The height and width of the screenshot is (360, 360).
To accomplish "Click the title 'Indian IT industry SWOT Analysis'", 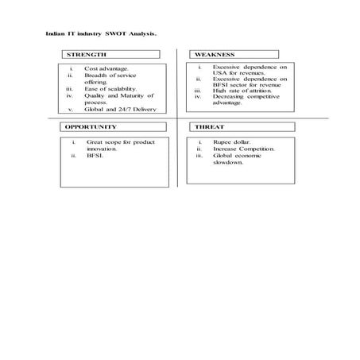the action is (x=100, y=35).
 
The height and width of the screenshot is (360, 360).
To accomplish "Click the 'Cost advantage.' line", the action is (x=106, y=69).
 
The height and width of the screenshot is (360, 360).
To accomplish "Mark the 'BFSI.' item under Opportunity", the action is (x=96, y=156).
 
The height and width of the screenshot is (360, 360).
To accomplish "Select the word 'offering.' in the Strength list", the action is (x=96, y=82).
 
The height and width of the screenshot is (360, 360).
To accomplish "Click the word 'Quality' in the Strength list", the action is (x=96, y=95).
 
